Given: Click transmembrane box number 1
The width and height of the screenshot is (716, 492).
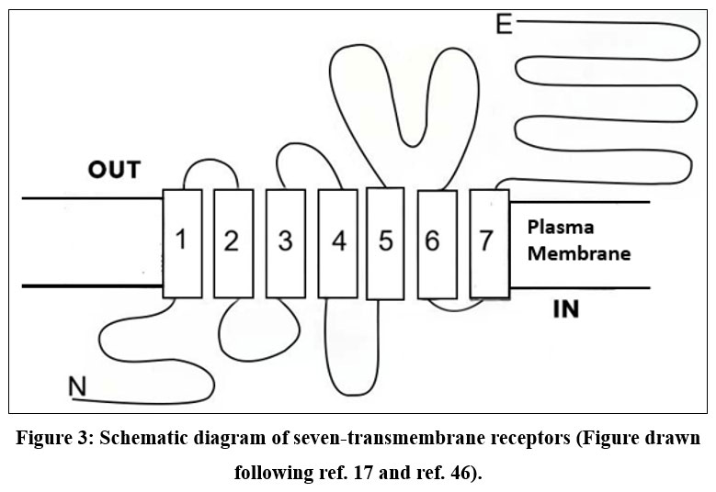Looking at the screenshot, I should coord(181,242).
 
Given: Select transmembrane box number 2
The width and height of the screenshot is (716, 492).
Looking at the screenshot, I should coord(233,242).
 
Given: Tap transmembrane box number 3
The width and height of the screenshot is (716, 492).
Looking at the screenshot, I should coord(285,242).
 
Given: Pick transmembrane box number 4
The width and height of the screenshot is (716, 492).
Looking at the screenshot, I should coord(337,242).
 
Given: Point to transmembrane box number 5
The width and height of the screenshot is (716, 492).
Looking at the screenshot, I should coord(385,242).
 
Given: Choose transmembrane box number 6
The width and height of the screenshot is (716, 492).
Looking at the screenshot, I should coord(437,242).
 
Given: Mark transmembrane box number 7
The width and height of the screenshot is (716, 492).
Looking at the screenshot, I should coord(489,242).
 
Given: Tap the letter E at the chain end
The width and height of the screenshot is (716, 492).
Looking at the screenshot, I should coord(503,23).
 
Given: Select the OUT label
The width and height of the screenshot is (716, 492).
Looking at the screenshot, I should coord(114,170).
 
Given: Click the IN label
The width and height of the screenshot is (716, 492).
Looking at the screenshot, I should coord(565,309).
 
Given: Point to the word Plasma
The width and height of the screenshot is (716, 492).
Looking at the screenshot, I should coord(561,227).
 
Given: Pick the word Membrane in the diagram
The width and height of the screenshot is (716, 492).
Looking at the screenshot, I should coord(578,252).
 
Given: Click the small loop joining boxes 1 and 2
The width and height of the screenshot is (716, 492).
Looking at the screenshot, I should coord(207,164).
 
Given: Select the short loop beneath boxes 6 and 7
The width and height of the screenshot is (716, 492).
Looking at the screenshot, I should coord(457,308).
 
